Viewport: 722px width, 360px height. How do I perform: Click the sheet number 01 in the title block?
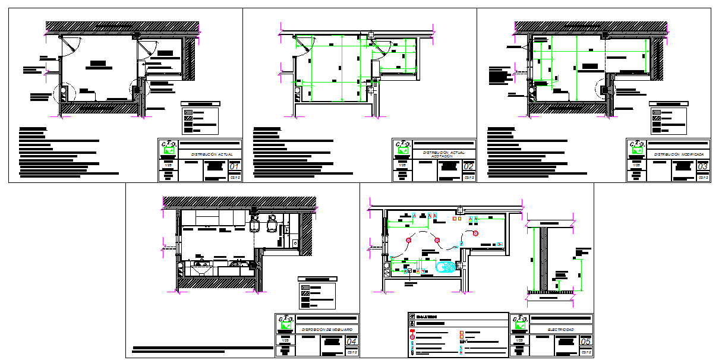pyautogui.click(x=235, y=167)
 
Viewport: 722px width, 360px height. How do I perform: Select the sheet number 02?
pyautogui.click(x=469, y=167)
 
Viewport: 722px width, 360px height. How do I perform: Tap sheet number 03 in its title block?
pyautogui.click(x=703, y=167)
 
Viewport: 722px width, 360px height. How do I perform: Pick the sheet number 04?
pyautogui.click(x=352, y=342)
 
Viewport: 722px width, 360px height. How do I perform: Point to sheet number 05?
pyautogui.click(x=586, y=342)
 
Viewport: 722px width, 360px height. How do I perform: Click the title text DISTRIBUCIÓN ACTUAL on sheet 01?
pyautogui.click(x=211, y=154)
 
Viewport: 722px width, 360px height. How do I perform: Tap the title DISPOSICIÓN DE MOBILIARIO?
pyautogui.click(x=327, y=329)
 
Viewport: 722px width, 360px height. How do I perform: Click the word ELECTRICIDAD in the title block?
pyautogui.click(x=562, y=329)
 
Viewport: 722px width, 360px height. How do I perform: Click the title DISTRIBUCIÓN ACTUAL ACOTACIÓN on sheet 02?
pyautogui.click(x=444, y=154)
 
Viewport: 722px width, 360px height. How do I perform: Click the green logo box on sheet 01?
pyautogui.click(x=169, y=151)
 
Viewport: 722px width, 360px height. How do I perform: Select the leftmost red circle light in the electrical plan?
pyautogui.click(x=408, y=240)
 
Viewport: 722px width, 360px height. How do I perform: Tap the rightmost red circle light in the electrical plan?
pyautogui.click(x=475, y=233)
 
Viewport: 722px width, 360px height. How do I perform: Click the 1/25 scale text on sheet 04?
pyautogui.click(x=285, y=339)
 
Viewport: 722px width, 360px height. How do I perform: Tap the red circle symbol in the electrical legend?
pyautogui.click(x=412, y=337)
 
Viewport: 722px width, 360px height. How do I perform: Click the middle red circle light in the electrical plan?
pyautogui.click(x=437, y=240)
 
